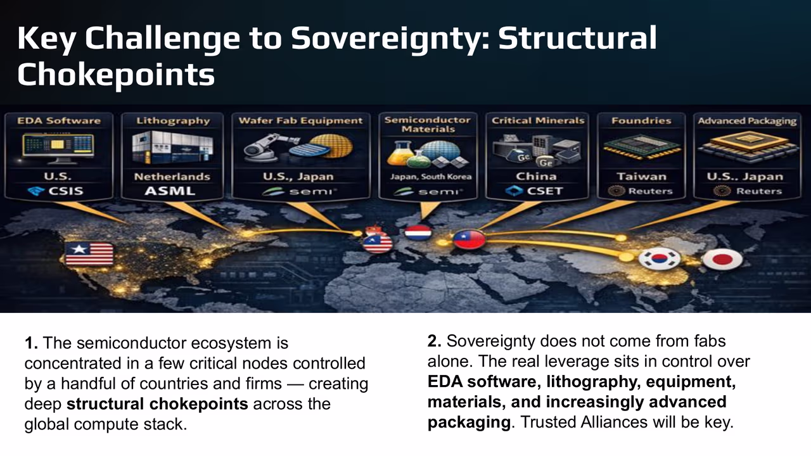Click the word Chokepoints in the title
(116, 75)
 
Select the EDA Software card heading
(59, 120)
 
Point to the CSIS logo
(59, 191)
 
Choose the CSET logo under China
(536, 191)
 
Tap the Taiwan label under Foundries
(642, 177)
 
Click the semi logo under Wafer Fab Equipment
(300, 191)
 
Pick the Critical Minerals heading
(537, 120)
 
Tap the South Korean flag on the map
(659, 258)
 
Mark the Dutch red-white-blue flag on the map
(418, 232)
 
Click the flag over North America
(89, 253)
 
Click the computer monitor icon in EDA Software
(59, 148)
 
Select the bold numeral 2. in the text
(435, 341)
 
